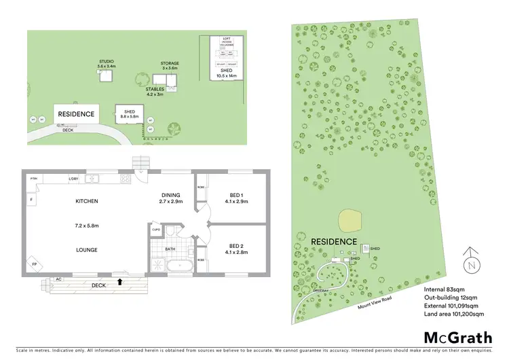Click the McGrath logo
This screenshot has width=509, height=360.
453,338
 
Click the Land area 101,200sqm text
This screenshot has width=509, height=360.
455,314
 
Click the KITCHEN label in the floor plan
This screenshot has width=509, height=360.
87,201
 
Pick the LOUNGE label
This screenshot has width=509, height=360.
87,250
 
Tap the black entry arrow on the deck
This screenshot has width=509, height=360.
120,280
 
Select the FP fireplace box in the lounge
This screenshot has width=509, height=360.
34,264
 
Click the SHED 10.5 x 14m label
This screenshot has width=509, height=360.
226,73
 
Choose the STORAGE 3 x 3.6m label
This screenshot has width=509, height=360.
170,66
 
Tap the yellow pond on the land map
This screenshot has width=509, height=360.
350,219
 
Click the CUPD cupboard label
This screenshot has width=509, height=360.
156,230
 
